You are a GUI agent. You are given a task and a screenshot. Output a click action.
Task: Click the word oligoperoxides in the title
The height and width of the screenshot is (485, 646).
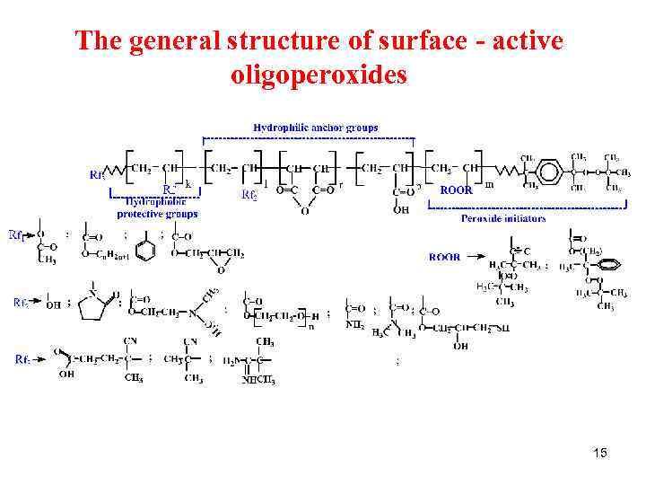point(319,75)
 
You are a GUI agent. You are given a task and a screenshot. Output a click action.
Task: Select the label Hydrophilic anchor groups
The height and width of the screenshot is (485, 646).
point(316,128)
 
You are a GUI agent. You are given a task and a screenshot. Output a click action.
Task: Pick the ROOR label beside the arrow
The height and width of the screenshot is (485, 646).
point(445,257)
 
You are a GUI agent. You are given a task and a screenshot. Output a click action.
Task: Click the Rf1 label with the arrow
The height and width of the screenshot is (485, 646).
point(17,235)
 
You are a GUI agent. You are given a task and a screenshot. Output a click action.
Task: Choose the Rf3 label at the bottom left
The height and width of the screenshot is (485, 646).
point(24,359)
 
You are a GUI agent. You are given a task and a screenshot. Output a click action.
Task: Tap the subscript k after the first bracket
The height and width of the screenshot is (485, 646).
point(188,184)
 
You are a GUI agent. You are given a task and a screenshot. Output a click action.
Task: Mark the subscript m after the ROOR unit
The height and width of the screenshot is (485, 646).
point(489,186)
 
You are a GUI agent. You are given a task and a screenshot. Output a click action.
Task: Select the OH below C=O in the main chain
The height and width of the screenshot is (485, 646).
point(401,210)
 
